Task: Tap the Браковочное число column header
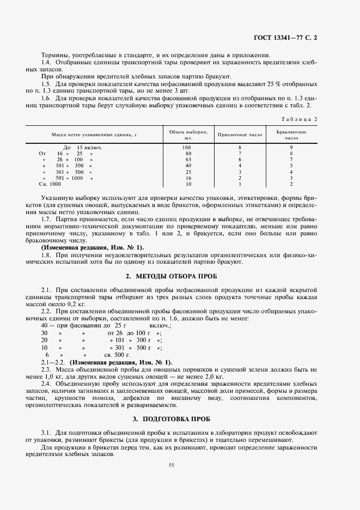pyautogui.click(x=291, y=135)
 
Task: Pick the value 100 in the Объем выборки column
pyautogui.click(x=187, y=148)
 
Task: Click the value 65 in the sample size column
pyautogui.click(x=187, y=160)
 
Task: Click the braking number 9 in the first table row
pyautogui.click(x=291, y=148)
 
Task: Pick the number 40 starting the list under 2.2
pyautogui.click(x=44, y=325)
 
